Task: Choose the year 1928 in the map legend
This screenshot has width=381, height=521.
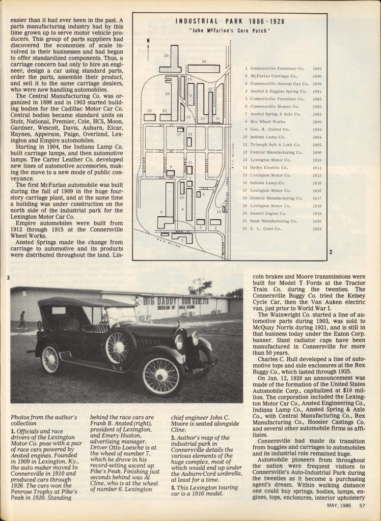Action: [x=317, y=229]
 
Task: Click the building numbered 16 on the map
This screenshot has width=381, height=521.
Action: [x=204, y=69]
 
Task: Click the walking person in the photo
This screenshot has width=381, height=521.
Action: [x=21, y=320]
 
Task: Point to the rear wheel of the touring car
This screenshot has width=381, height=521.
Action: [x=50, y=359]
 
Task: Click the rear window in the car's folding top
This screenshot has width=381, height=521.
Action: [x=58, y=310]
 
